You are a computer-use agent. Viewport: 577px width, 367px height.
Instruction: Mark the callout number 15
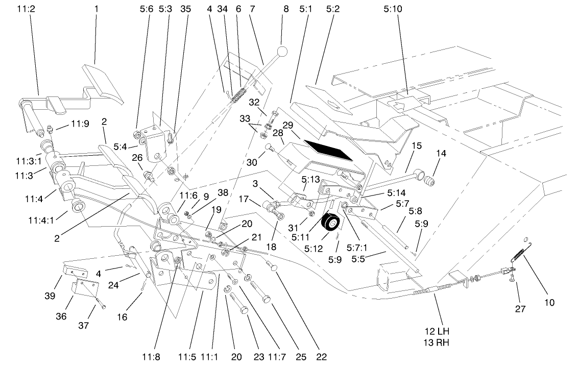417,145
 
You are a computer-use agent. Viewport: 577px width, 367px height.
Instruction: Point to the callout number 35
185,9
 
